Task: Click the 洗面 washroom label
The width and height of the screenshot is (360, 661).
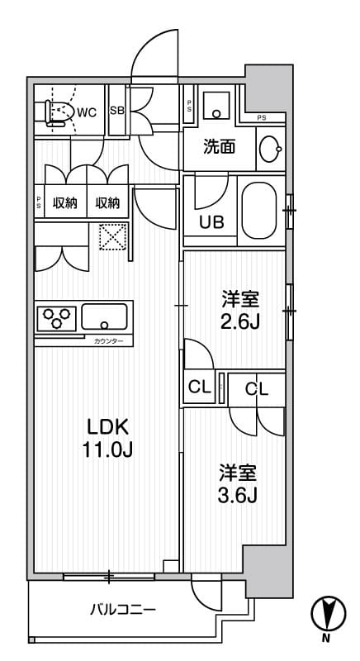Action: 220,148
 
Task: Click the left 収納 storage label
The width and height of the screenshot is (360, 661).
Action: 65,202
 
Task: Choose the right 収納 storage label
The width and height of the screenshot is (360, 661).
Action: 107,202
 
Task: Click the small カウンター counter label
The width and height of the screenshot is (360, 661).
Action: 108,341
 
